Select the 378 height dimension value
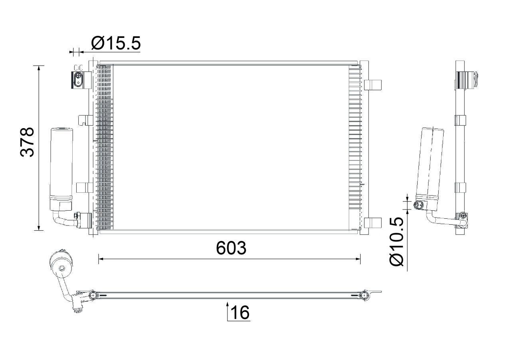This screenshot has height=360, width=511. pyautogui.click(x=27, y=142)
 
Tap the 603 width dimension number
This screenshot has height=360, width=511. pyautogui.click(x=231, y=248)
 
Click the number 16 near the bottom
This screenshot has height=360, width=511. pyautogui.click(x=240, y=313)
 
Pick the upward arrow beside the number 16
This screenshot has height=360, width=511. pyautogui.click(x=228, y=311)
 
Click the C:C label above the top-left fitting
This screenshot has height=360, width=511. pyautogui.click(x=78, y=68)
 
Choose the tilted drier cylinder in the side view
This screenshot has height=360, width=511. pyautogui.click(x=430, y=168)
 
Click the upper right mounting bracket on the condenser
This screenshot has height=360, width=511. pyautogui.click(x=373, y=85)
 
